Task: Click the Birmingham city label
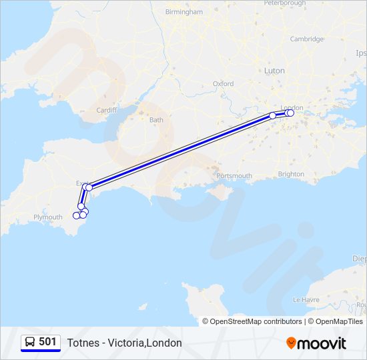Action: tap(183, 12)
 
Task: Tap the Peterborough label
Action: tap(285, 3)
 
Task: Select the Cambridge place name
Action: tap(306, 39)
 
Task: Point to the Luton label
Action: tap(274, 70)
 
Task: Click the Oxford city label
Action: tap(223, 84)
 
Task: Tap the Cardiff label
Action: tap(106, 110)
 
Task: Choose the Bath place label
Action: tap(156, 120)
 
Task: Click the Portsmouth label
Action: tap(234, 176)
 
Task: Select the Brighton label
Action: tap(291, 174)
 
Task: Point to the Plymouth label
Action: tap(47, 217)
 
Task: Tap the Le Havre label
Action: tap(306, 300)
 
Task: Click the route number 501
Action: tap(47, 342)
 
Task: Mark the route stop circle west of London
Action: tap(273, 116)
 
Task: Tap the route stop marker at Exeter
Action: tap(89, 187)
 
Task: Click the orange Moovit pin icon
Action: tap(291, 343)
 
